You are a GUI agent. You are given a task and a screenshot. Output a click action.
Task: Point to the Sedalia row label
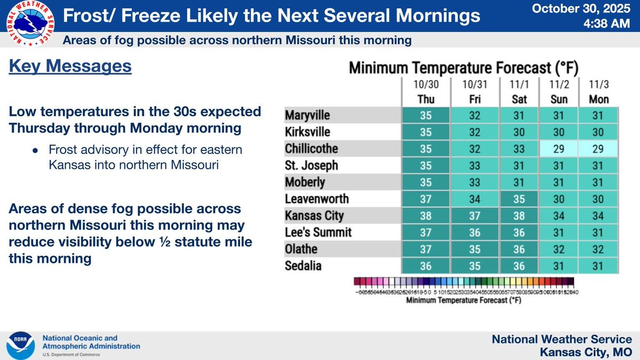point(303,266)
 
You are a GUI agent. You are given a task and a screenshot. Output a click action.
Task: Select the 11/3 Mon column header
point(598,92)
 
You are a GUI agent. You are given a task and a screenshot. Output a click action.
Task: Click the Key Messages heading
point(70,67)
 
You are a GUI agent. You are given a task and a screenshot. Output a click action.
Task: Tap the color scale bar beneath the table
point(463,281)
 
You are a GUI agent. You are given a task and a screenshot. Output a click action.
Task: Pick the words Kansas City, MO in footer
point(586,352)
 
